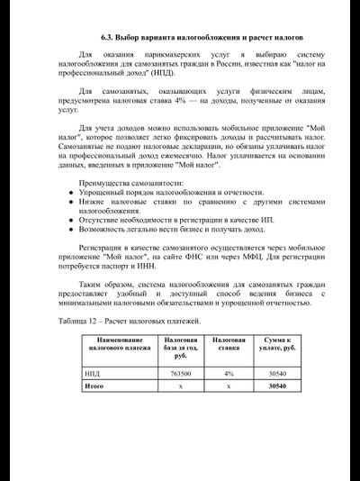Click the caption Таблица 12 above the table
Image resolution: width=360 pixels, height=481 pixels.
(x=83, y=321)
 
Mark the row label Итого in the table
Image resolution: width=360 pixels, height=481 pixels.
(x=94, y=386)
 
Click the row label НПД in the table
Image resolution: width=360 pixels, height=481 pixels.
(x=93, y=373)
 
